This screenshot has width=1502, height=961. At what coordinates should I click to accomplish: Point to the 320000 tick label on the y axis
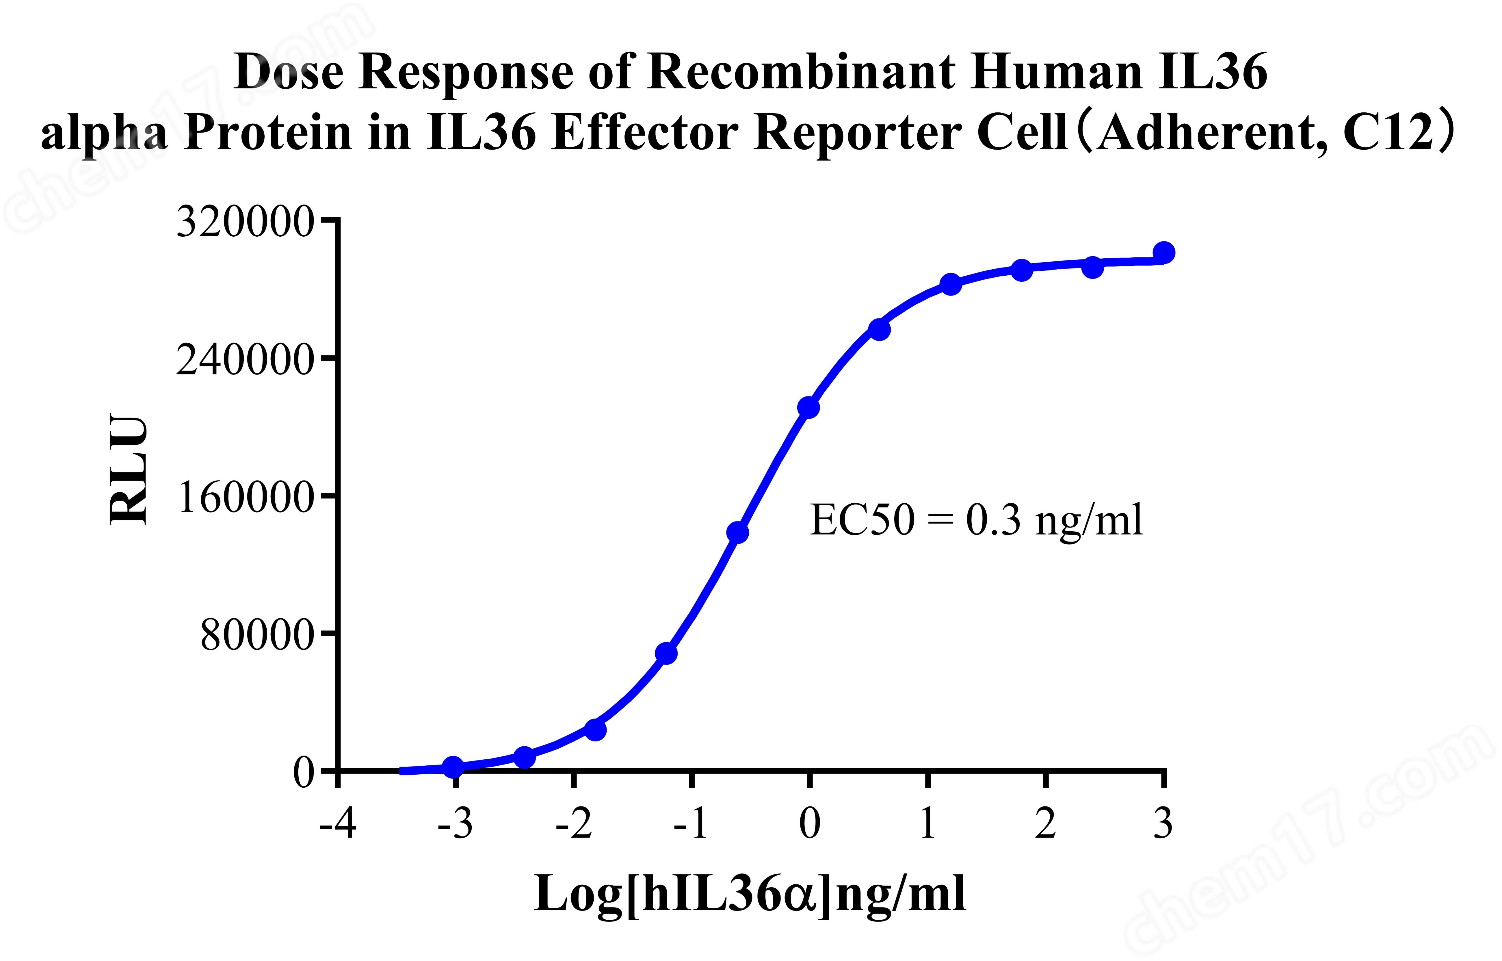tap(245, 222)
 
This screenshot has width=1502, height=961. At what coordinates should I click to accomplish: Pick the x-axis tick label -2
tap(574, 824)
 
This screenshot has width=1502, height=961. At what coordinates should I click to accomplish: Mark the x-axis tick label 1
tap(927, 824)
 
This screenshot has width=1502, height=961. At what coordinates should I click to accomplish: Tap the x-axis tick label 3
tap(1163, 824)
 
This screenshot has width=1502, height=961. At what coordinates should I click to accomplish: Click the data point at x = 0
tap(808, 407)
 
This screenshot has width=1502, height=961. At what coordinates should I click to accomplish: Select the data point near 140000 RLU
tap(737, 532)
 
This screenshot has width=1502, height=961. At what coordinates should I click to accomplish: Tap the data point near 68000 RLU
tap(666, 653)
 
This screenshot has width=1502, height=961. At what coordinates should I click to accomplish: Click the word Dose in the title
tap(289, 72)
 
